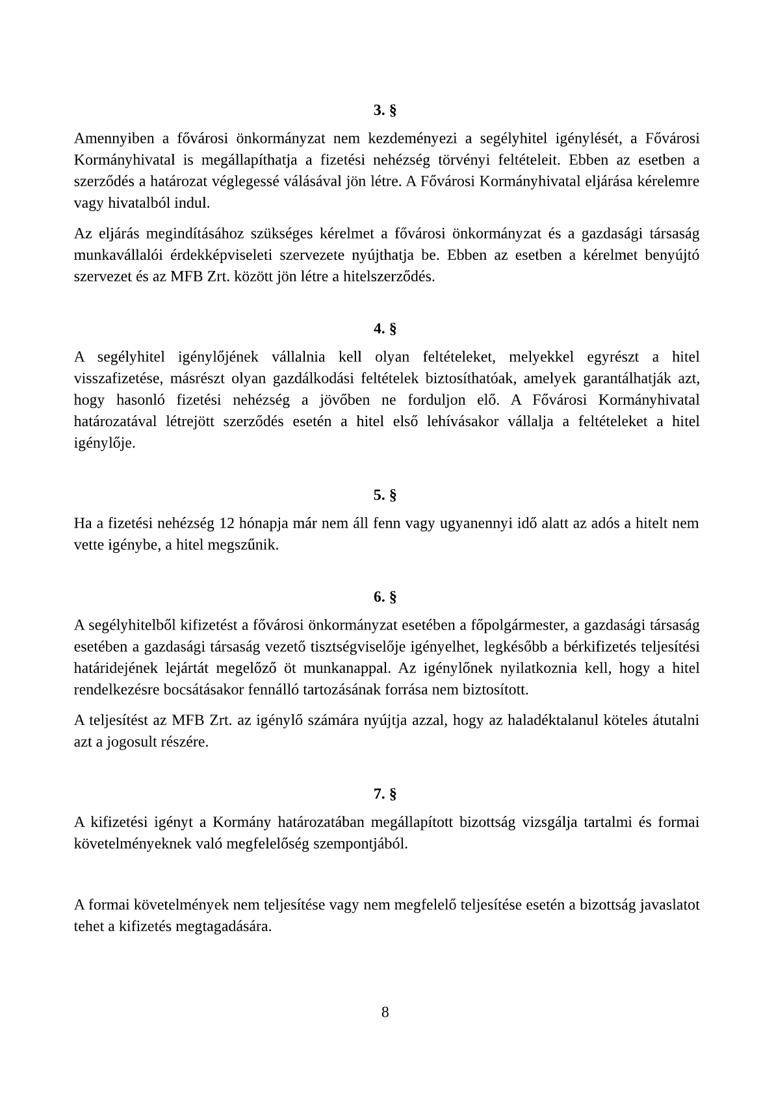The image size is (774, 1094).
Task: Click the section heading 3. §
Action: tap(385, 110)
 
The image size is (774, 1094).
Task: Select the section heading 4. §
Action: tap(385, 329)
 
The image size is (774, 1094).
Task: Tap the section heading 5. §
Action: tap(385, 496)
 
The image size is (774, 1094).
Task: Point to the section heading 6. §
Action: tap(385, 597)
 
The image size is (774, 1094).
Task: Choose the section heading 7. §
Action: tap(385, 794)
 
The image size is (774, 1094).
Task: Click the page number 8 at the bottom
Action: tap(385, 1012)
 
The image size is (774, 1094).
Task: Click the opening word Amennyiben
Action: tap(114, 138)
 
